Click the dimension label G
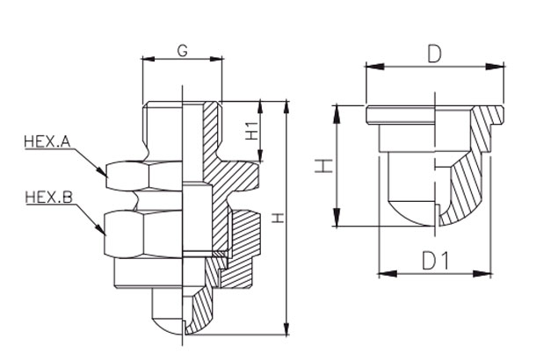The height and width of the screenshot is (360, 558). point(182,51)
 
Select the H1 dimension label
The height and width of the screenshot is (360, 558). point(252,131)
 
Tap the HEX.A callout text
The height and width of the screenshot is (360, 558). point(47,141)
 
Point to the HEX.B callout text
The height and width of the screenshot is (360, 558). point(48,197)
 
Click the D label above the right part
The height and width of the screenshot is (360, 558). point(434,54)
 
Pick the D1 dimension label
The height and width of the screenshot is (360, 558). point(436,261)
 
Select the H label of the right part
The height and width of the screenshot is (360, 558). point(324,166)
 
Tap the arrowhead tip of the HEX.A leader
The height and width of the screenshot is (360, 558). point(107,176)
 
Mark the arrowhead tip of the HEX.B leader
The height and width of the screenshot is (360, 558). point(105,236)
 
